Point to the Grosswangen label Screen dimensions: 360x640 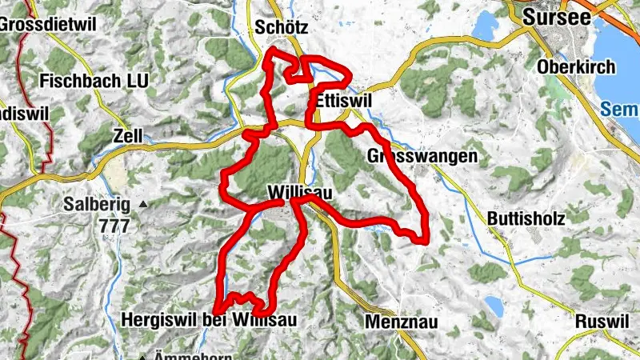[422, 156]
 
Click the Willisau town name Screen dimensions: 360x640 [300, 193]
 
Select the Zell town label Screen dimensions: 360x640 [128, 136]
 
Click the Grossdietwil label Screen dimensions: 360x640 [48, 23]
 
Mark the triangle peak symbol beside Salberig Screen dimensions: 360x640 [144, 205]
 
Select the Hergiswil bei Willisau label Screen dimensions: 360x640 [209, 320]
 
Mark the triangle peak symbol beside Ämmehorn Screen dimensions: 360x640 [145, 357]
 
